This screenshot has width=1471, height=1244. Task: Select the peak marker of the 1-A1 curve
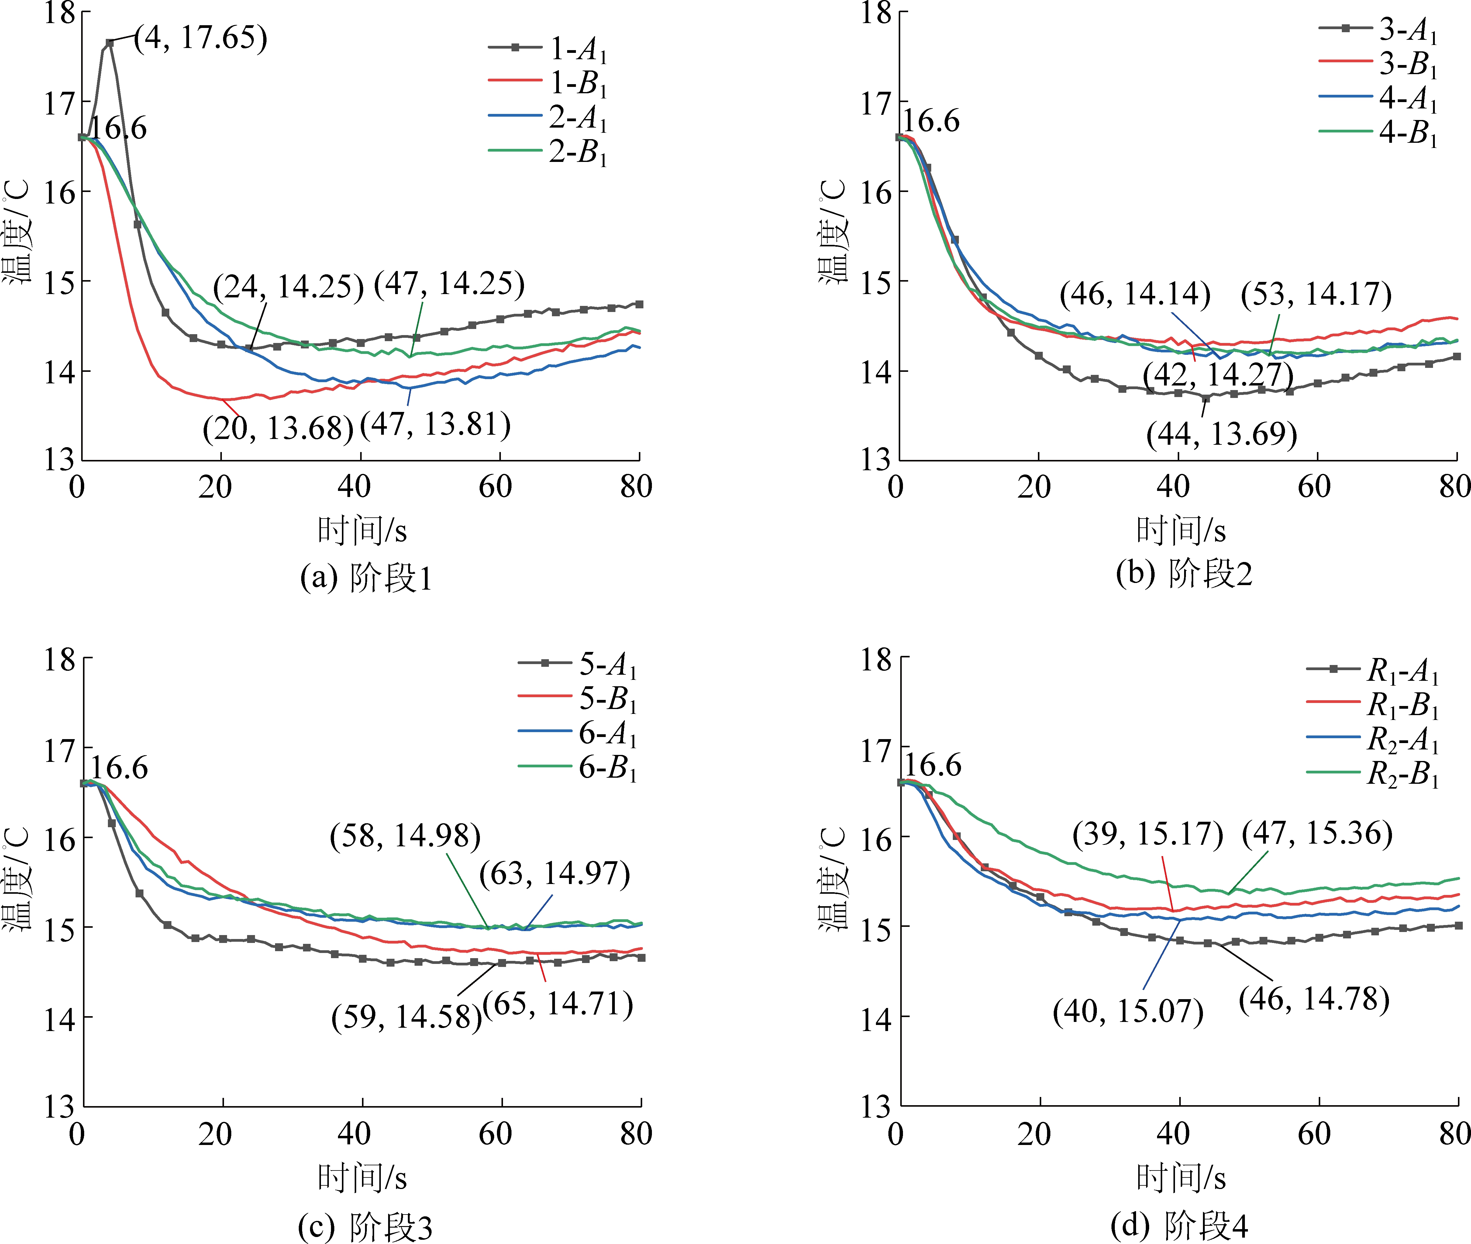point(109,43)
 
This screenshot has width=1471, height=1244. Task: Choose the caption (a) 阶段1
point(365,578)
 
